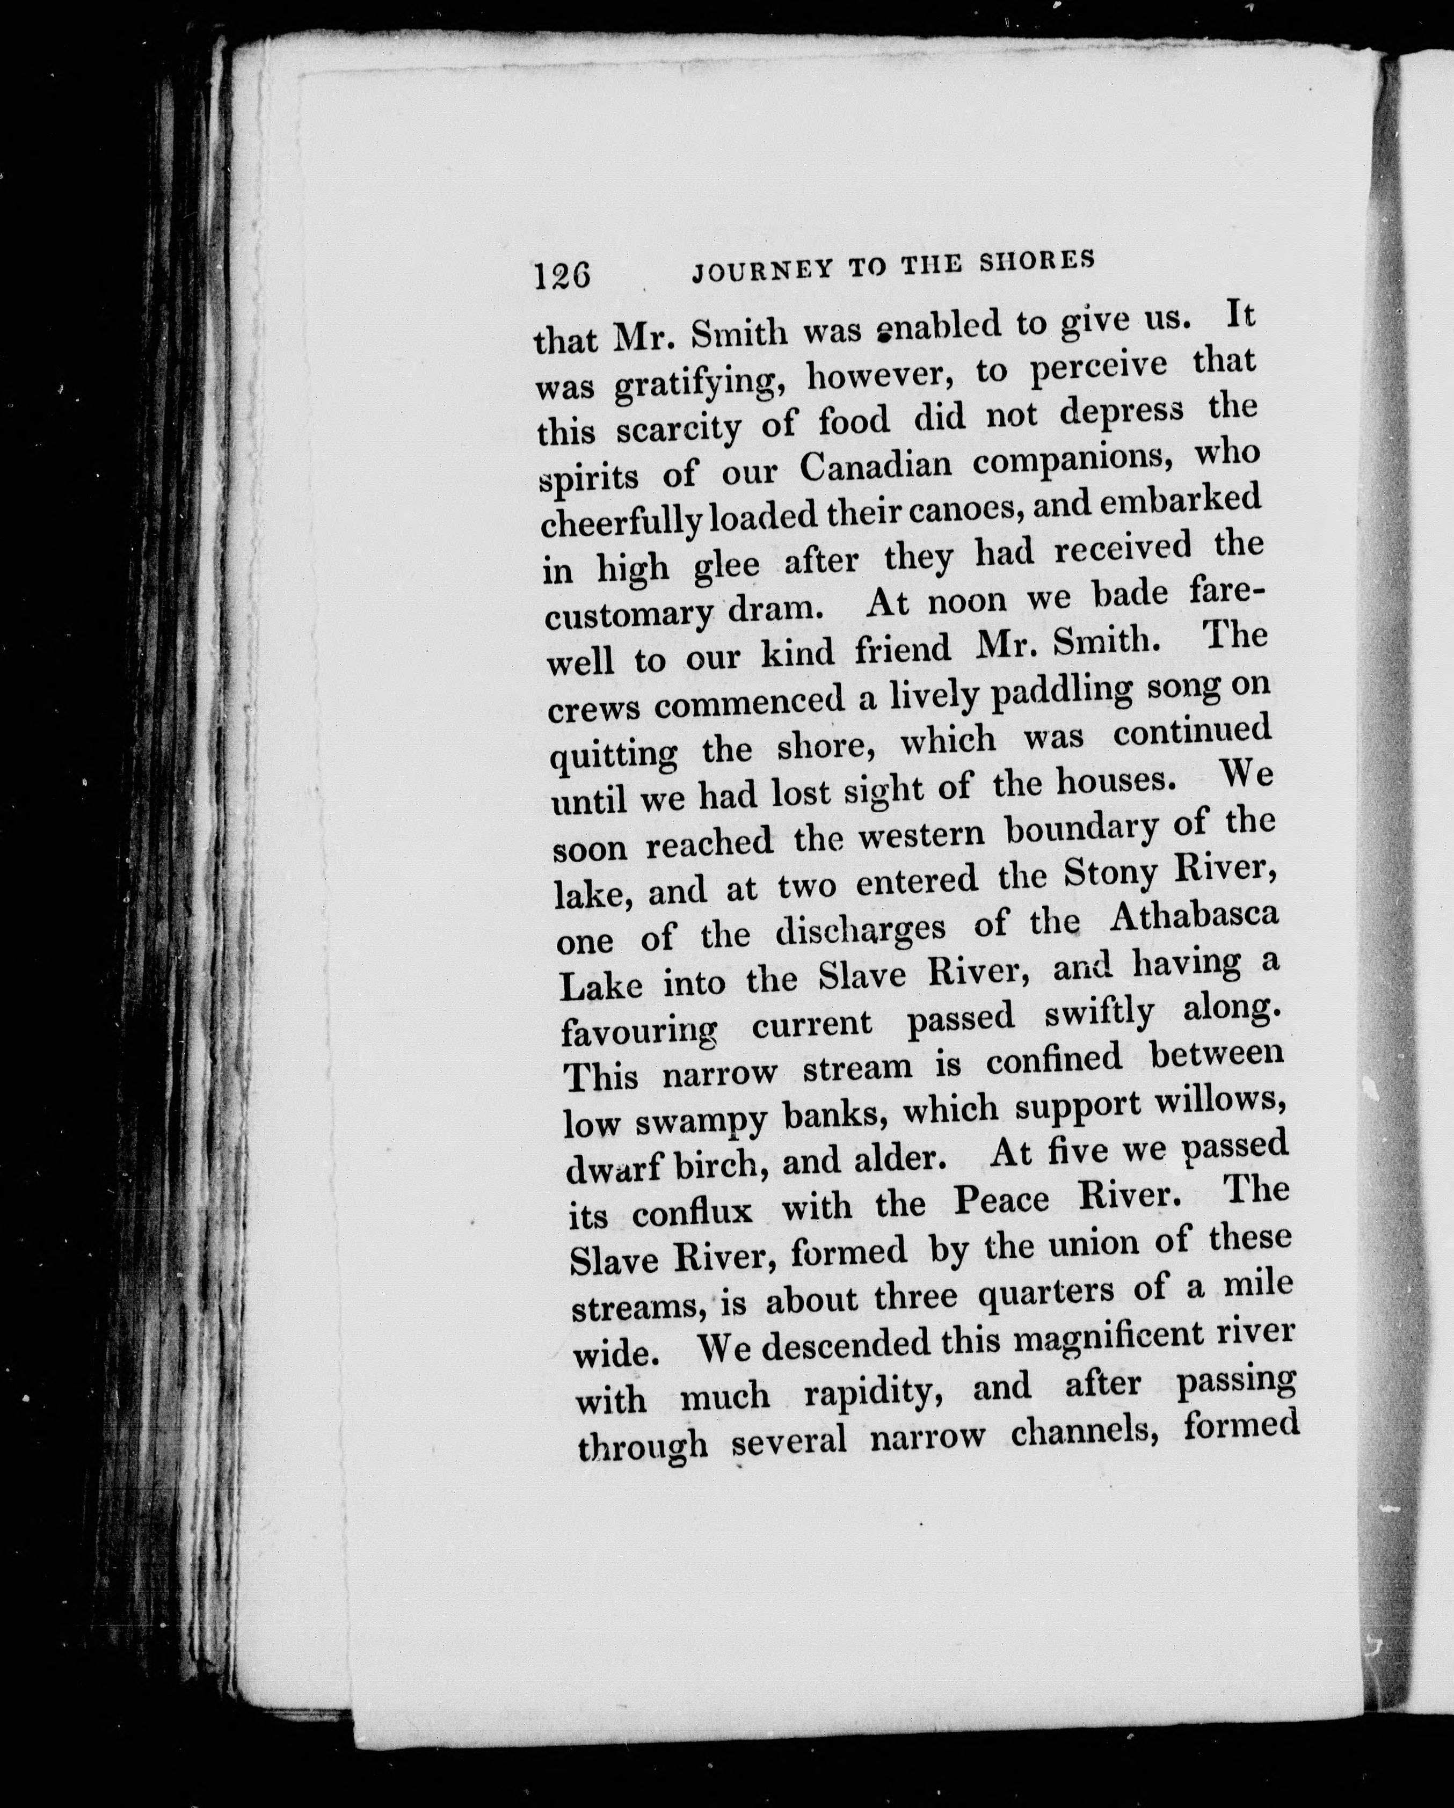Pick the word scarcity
click(x=678, y=428)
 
